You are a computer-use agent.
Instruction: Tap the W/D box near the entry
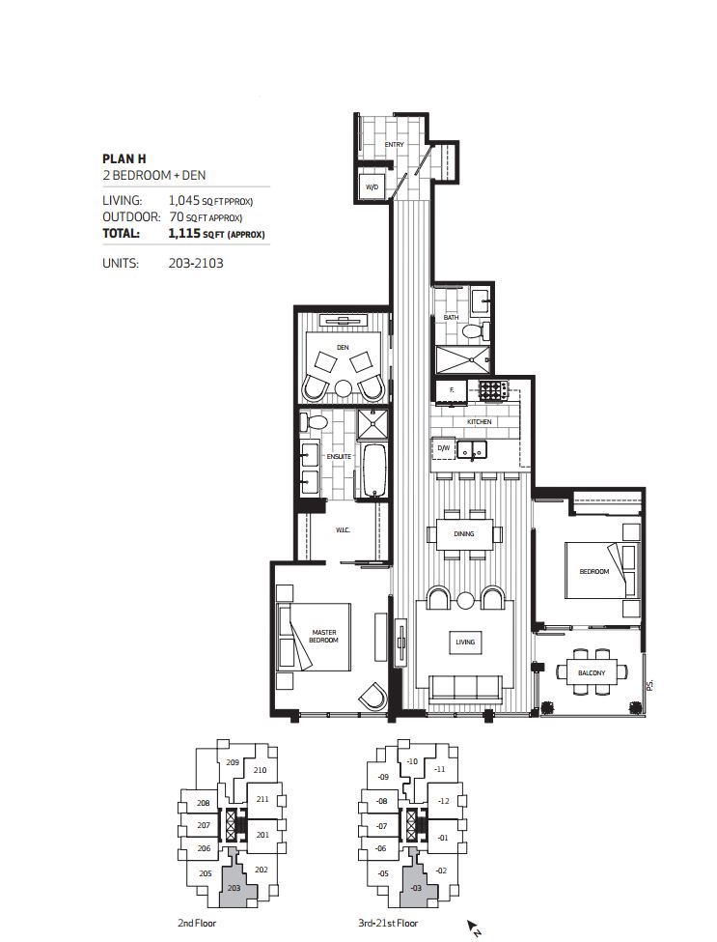tap(372, 186)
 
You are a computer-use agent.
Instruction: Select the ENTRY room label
tap(394, 145)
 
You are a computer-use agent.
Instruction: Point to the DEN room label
tap(342, 346)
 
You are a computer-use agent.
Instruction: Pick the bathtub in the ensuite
tap(373, 471)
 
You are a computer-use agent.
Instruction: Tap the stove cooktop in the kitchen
tap(493, 390)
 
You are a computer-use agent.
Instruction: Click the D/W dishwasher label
tap(444, 449)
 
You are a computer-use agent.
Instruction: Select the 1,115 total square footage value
tap(183, 234)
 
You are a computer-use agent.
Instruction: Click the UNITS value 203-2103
tap(195, 262)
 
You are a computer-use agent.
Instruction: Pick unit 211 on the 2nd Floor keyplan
tap(262, 799)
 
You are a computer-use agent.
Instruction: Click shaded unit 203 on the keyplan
tap(234, 887)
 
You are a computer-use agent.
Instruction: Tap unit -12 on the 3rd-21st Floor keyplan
tap(444, 801)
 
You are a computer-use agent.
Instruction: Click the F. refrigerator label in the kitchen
tap(450, 390)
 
